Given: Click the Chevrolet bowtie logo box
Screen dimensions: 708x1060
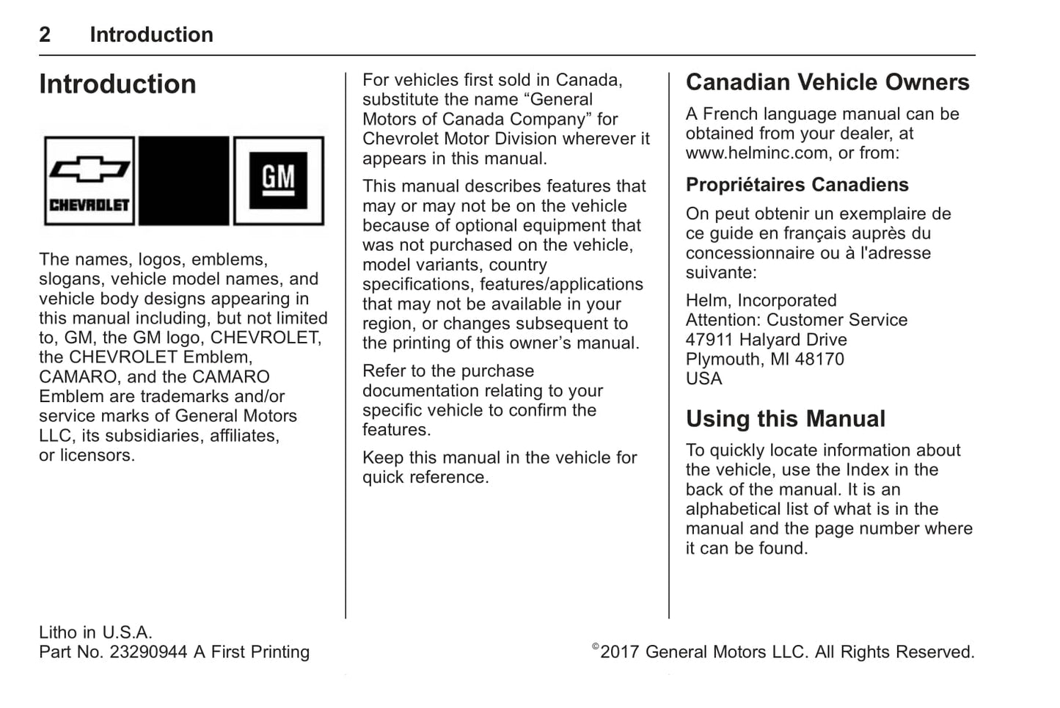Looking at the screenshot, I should [x=89, y=180].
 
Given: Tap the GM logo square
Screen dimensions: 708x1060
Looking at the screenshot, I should [x=278, y=180].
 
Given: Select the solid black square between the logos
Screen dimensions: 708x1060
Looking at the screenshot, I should [x=183, y=180].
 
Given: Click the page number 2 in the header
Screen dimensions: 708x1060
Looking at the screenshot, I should [x=45, y=34].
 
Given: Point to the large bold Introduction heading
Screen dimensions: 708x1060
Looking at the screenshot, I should [x=117, y=84].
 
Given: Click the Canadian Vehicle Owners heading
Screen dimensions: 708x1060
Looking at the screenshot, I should [x=827, y=82].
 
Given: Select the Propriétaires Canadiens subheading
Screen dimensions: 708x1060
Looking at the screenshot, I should [x=797, y=185].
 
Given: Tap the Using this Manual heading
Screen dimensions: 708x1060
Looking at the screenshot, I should [x=785, y=419].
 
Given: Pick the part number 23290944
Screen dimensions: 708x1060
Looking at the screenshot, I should [x=148, y=652].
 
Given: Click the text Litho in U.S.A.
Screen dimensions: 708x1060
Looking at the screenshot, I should [x=95, y=632].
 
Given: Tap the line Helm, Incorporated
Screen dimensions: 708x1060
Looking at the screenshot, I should [x=761, y=301].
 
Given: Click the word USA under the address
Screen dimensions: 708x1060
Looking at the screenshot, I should [x=703, y=379].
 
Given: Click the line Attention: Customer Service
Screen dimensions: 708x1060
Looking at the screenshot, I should [x=796, y=320].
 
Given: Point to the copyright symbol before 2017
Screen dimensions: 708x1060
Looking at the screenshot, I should [x=596, y=647].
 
